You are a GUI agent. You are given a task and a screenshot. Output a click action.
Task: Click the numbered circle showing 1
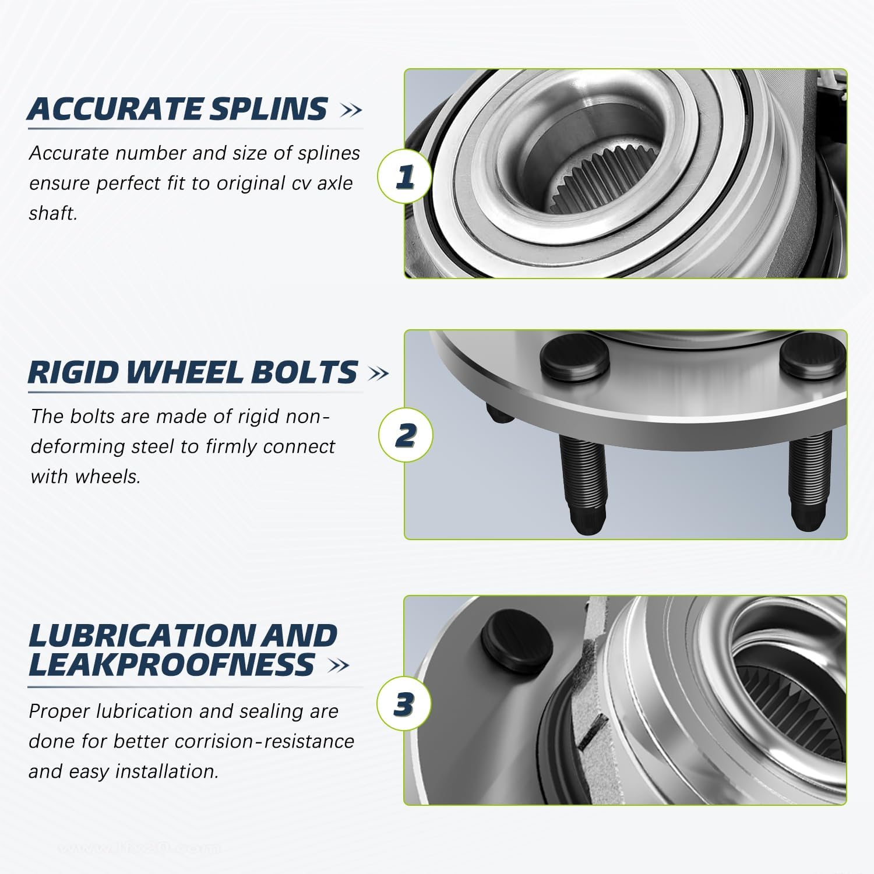coord(405,176)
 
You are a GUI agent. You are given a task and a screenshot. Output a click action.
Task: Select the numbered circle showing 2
coord(406,435)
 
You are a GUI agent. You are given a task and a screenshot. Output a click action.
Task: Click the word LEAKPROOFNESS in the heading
coord(172,665)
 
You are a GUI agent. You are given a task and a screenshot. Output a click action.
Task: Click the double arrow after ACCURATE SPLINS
coord(350,110)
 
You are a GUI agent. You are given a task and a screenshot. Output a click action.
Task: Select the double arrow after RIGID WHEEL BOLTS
coord(379,373)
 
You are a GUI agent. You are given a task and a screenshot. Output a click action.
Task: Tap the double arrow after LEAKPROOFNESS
coord(339,665)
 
